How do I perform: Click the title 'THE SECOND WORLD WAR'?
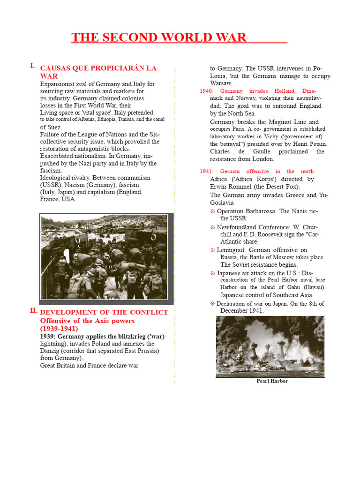click(159, 37)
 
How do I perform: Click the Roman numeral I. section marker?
click(32, 66)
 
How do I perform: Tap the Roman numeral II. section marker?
click(33, 310)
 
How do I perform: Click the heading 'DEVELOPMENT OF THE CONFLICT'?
click(104, 312)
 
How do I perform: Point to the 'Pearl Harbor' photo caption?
click(272, 381)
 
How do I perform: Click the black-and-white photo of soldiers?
click(104, 256)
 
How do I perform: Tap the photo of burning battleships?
click(270, 346)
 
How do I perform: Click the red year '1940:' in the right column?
click(207, 91)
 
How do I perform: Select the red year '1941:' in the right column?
click(207, 172)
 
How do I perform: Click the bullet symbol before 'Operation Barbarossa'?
click(212, 211)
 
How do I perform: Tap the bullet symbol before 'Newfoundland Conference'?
click(212, 227)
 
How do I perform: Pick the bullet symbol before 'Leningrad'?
click(212, 250)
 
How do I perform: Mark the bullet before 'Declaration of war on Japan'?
click(212, 304)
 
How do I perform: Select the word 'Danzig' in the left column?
click(50, 351)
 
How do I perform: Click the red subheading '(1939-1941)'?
click(59, 329)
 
